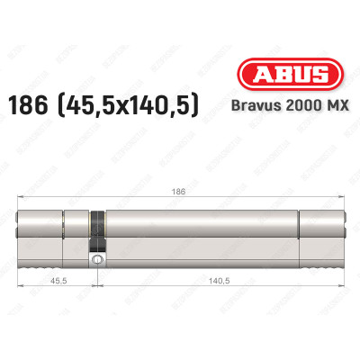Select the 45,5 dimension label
coord(56,281)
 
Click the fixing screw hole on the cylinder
coord(94,260)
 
